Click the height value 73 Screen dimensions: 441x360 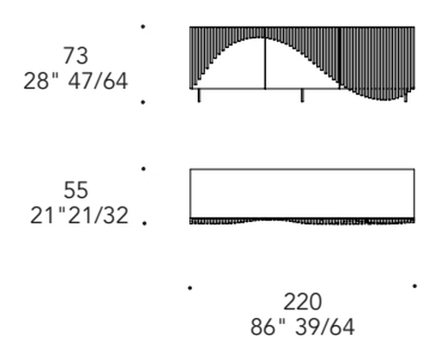75,56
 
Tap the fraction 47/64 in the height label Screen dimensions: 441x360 98,81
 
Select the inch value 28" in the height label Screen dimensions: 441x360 41,81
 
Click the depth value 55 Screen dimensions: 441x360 75,190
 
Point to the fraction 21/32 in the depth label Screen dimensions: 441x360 98,215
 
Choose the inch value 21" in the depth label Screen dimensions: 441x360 48,215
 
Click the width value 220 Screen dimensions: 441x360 302,302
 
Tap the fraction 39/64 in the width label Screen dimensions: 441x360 325,327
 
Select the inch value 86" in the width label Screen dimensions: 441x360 268,327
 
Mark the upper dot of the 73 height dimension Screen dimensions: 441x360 143,27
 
